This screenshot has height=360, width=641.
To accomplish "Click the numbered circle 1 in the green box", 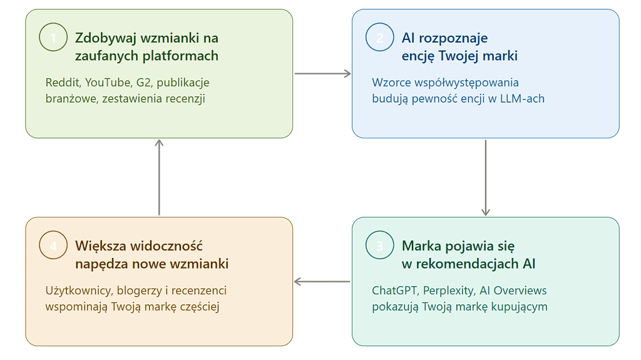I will coord(53,38).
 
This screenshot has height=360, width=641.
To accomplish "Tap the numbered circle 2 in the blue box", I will coord(380,38).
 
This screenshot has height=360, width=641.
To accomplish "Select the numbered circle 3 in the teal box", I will coord(380,245).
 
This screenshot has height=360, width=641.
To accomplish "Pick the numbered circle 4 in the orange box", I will coord(53,245).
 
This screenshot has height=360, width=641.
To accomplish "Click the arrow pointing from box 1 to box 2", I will coord(322,74).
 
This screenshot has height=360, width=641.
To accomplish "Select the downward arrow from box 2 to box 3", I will coord(485,178).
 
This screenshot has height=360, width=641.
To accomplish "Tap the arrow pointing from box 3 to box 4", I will coord(322,282).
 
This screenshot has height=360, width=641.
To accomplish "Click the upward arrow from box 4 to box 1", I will coord(159,178).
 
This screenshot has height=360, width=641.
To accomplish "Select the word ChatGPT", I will coord(395,291).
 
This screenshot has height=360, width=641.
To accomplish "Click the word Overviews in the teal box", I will coord(521,291).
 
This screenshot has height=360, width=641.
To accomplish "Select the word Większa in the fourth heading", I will coord(98,246).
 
